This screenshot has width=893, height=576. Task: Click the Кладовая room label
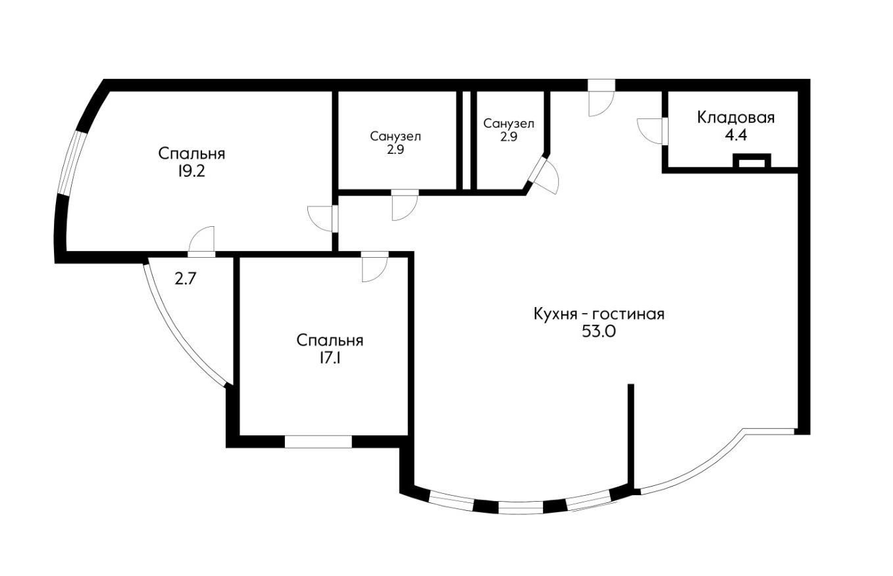736,118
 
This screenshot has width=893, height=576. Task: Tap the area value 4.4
736,136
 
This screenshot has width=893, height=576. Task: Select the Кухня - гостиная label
600,314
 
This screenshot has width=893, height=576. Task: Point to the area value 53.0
599,331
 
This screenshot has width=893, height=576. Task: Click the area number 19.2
191,171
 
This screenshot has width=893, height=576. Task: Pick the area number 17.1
330,358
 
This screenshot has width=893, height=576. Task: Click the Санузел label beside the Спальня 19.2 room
395,137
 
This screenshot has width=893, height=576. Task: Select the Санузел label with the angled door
509,124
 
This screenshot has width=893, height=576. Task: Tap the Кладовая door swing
650,131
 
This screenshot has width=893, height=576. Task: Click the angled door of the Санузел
544,176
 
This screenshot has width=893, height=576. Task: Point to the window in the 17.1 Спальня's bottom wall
318,442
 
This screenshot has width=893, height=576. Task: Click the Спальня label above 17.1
330,341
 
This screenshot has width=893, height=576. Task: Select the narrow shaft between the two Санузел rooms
467,141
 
